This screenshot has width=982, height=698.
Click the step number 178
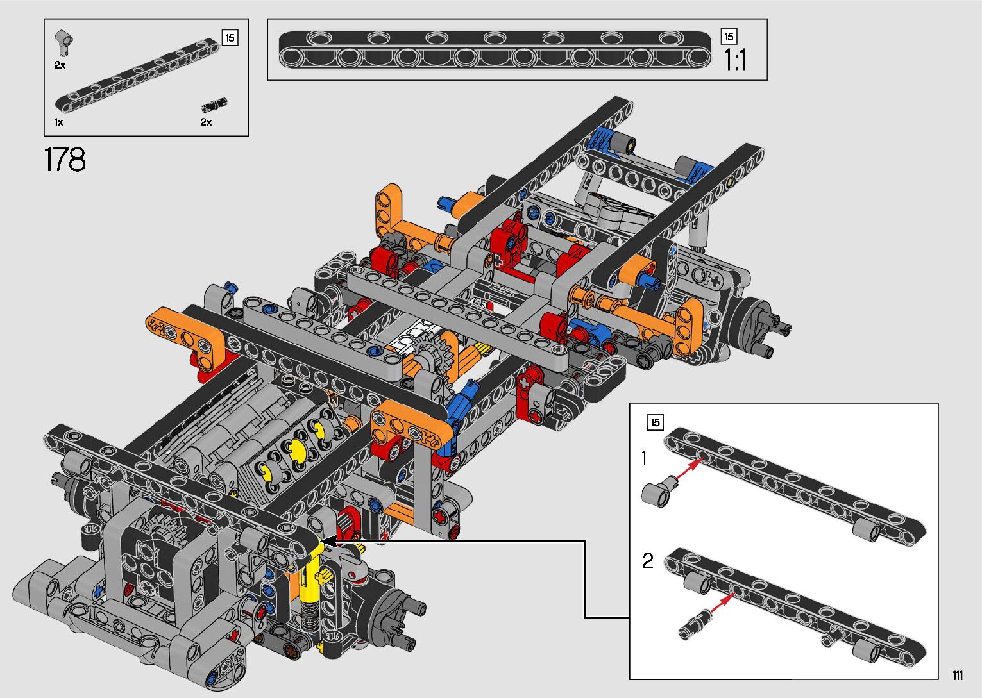(65, 160)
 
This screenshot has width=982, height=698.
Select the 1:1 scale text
(735, 60)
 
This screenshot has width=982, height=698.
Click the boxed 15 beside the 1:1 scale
(729, 37)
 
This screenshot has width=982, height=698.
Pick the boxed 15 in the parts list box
(230, 38)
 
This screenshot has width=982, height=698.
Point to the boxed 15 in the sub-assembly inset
(655, 422)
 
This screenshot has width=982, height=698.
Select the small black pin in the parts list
(214, 105)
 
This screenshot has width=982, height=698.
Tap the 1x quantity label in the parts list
(59, 122)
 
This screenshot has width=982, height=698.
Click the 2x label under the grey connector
(60, 65)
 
